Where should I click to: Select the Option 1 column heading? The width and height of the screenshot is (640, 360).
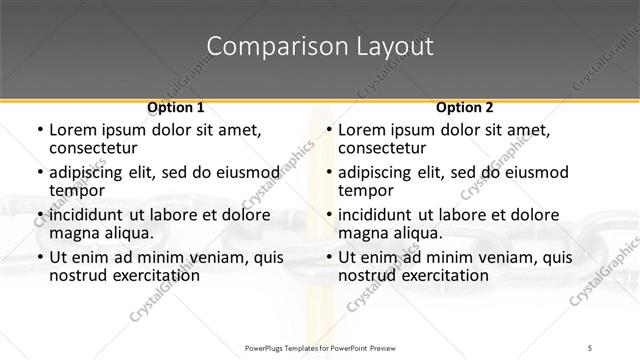(175, 107)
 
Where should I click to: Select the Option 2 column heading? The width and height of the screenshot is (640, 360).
(465, 107)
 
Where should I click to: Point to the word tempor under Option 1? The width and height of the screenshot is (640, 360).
(75, 191)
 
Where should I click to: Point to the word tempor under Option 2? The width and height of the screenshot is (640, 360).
(364, 191)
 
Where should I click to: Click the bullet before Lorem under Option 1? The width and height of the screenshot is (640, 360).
(38, 130)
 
